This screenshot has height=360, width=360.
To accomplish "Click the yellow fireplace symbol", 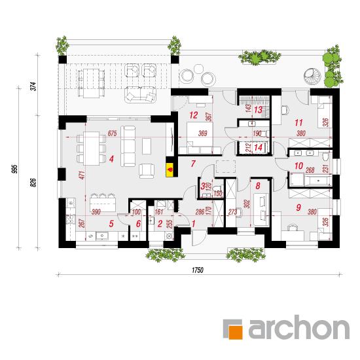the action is (x=170, y=170).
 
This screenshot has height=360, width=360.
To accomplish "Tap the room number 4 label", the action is (x=111, y=159).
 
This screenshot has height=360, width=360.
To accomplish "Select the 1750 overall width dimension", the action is (x=198, y=270).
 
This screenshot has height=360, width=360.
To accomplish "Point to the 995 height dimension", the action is (x=15, y=169).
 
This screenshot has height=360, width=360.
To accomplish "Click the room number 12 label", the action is (x=194, y=115).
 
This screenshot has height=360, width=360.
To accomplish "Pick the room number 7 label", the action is (x=193, y=164).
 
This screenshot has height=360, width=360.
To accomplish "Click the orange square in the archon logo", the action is (x=233, y=329).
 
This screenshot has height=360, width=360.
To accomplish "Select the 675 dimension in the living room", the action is (x=113, y=133).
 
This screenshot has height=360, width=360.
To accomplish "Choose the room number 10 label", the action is (x=298, y=166).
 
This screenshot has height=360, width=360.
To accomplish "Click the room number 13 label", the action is (x=258, y=110).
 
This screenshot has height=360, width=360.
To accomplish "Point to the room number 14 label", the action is (x=259, y=147).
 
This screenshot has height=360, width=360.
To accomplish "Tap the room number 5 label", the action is (x=111, y=224).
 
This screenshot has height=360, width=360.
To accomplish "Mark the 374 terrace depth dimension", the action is (x=33, y=86).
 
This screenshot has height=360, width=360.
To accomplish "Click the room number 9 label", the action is (x=298, y=207).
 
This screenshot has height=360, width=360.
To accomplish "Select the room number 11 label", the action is (x=298, y=122).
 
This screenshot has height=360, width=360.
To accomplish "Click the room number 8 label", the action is (x=258, y=186).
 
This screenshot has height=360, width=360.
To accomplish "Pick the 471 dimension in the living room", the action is (x=83, y=175).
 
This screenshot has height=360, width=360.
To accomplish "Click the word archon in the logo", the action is (x=299, y=327).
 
